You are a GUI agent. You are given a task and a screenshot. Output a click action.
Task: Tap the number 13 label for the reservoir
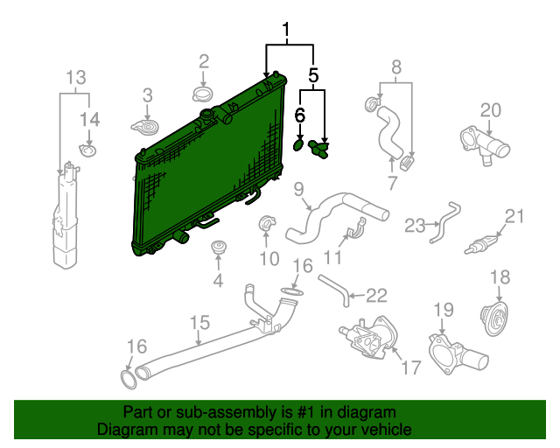pyautogui.click(x=76, y=76)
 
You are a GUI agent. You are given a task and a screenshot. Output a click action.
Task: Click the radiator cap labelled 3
pyautogui.click(x=145, y=129)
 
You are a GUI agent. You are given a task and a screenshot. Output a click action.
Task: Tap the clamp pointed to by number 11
pyautogui.click(x=353, y=234)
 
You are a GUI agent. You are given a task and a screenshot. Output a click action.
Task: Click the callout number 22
pyautogui.click(x=375, y=295)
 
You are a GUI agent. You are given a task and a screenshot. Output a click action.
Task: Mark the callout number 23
pyautogui.click(x=415, y=225)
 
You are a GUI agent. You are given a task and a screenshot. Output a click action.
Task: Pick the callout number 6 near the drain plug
pyautogui.click(x=300, y=114)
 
